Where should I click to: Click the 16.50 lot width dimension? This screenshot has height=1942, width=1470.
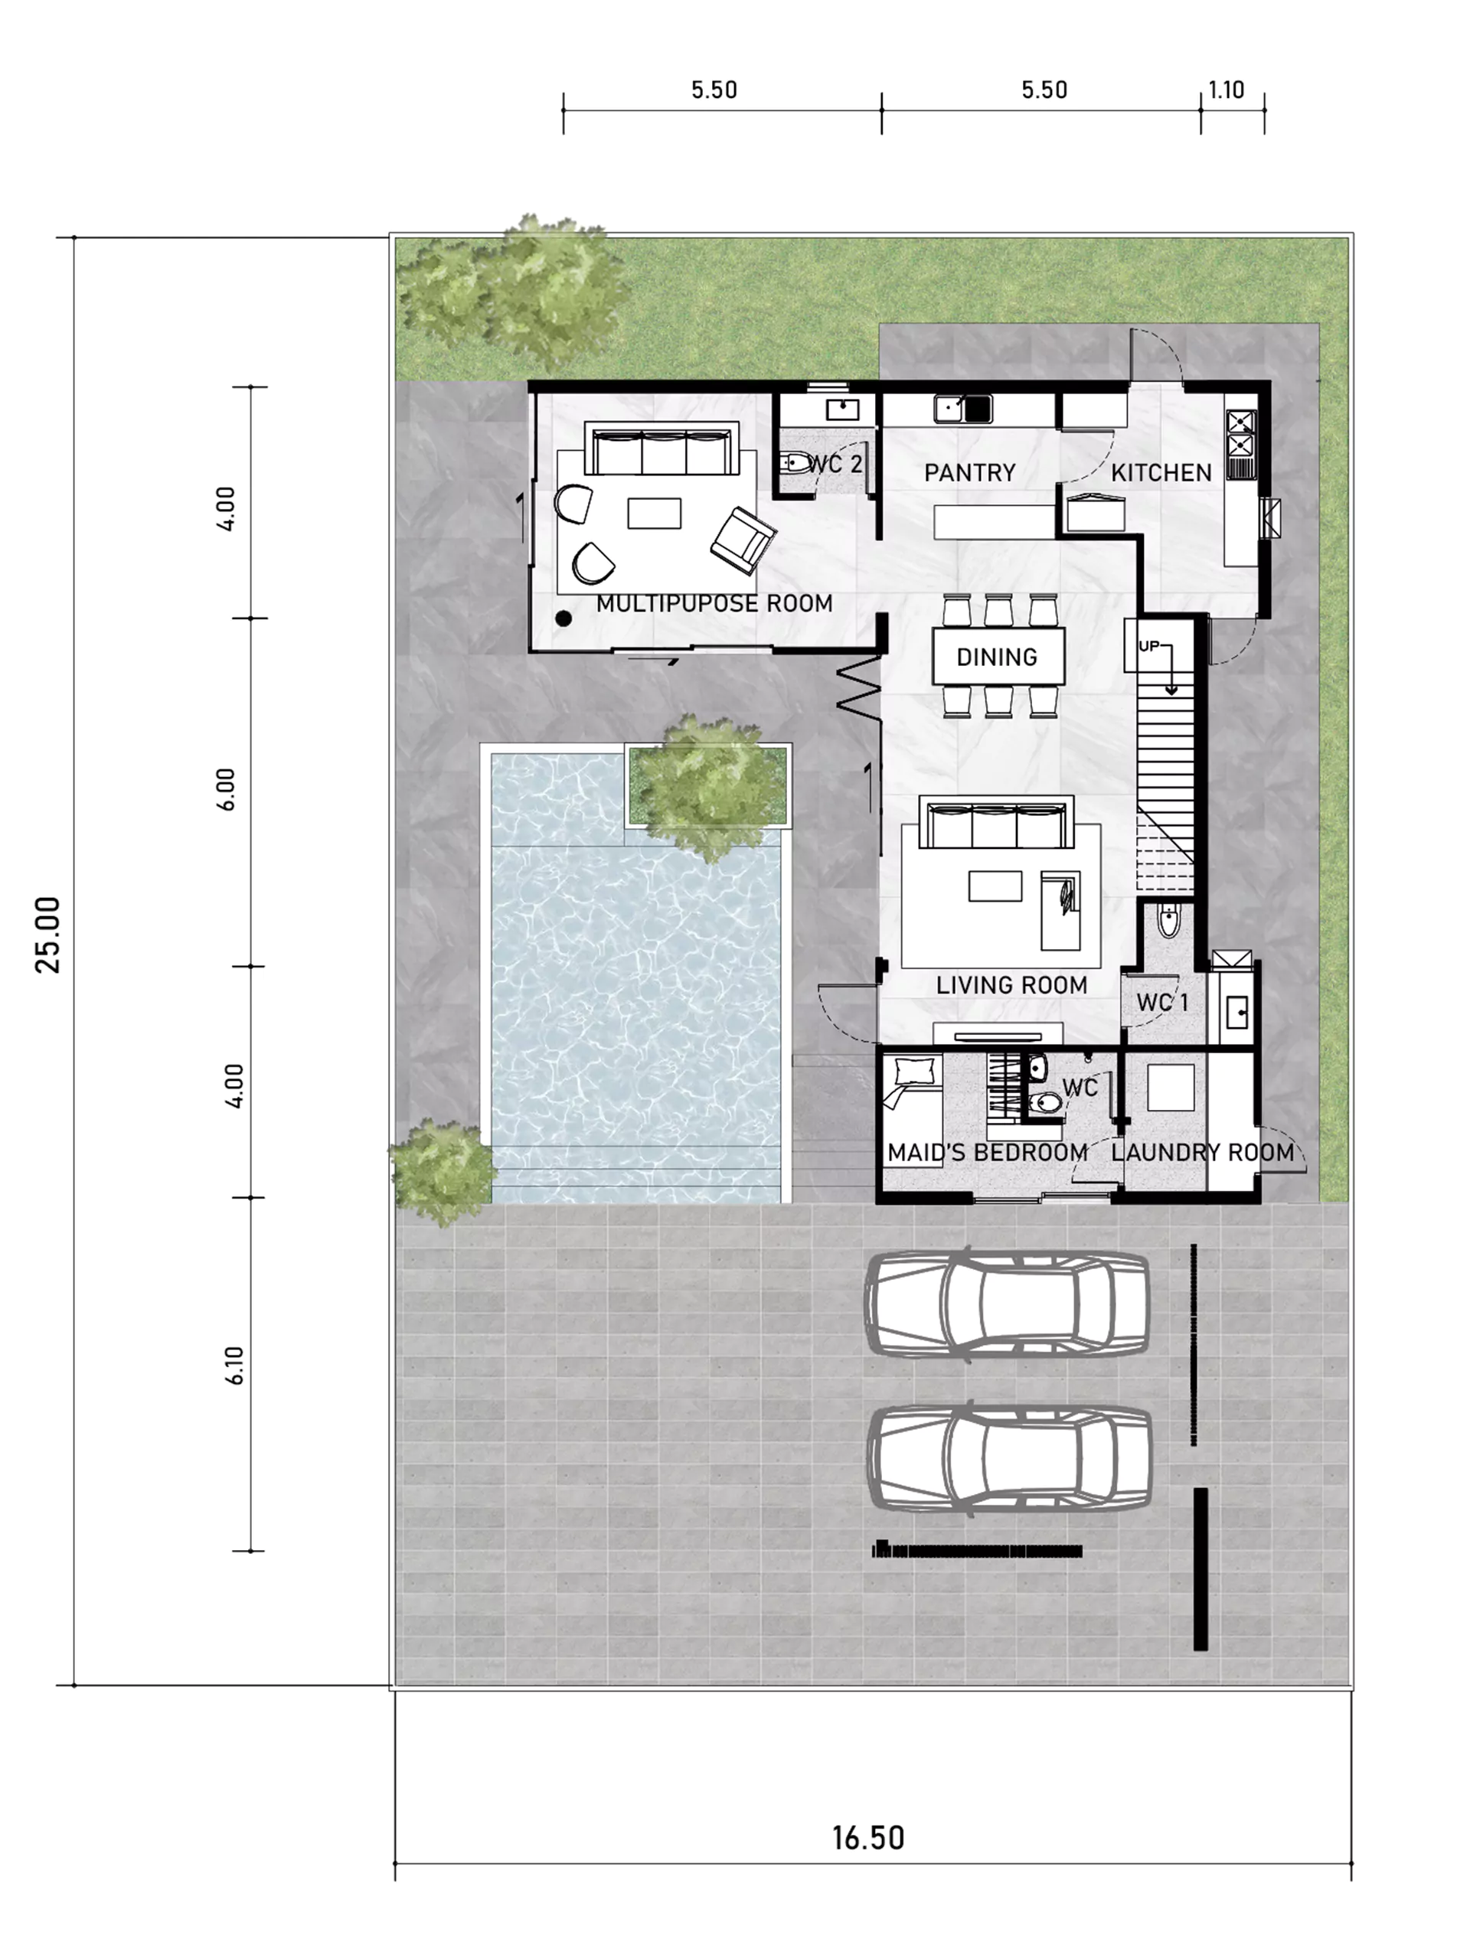click(x=867, y=1839)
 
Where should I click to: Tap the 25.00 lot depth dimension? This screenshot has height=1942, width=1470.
click(x=48, y=934)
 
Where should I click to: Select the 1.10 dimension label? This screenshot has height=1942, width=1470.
click(x=1226, y=90)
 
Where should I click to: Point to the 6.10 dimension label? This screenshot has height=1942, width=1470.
click(x=234, y=1365)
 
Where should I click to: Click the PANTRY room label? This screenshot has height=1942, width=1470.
click(x=969, y=473)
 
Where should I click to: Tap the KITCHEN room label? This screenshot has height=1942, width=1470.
click(x=1161, y=473)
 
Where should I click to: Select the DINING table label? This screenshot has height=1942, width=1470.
click(x=997, y=657)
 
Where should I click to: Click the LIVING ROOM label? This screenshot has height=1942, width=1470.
click(x=1011, y=985)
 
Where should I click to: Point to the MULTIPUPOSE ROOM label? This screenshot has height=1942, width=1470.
click(x=714, y=604)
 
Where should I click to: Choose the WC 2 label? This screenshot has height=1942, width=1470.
click(x=835, y=465)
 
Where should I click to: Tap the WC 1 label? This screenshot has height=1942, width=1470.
click(x=1161, y=1002)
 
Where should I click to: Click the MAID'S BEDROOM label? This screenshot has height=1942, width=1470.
click(x=988, y=1153)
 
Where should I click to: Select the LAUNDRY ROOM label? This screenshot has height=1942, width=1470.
click(x=1202, y=1153)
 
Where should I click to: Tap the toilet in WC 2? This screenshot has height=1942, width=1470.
click(x=795, y=462)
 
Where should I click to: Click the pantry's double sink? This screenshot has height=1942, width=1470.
click(x=963, y=408)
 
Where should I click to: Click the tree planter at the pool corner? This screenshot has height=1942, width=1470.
click(x=707, y=784)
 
